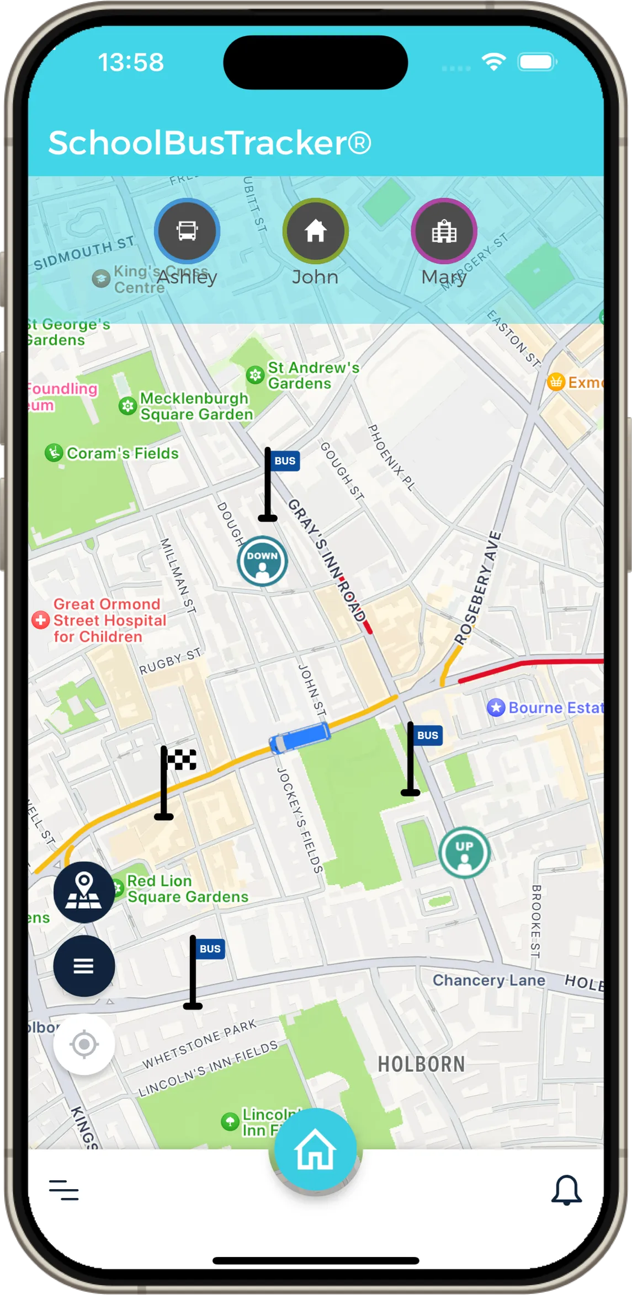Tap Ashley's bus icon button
pos(187,231)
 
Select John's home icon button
pos(315,231)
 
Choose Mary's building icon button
pos(444,231)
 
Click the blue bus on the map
pos(300,737)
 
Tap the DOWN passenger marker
pos(262,561)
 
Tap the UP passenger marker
pos(464,852)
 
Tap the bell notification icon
pos(566,1190)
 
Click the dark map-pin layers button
pos(84,892)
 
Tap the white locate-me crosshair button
pos(84,1044)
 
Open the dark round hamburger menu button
pos(84,966)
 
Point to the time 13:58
pos(131,62)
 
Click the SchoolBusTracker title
pos(210,143)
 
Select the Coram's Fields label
pos(122,453)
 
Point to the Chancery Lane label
pos(488,980)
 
